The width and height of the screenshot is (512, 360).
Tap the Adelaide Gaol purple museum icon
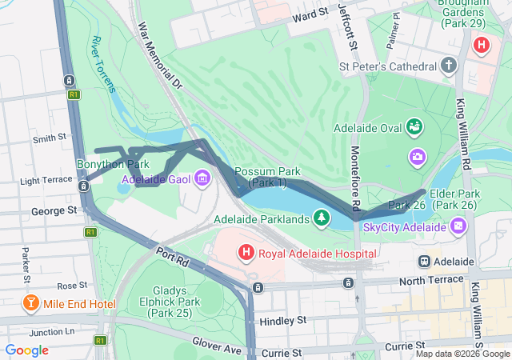point(202,178)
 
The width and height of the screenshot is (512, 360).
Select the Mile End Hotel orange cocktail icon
point(30,304)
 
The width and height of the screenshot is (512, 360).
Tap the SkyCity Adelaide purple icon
point(458,228)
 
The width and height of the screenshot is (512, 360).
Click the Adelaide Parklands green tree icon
point(322,218)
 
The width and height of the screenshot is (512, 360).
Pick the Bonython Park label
point(113,164)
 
